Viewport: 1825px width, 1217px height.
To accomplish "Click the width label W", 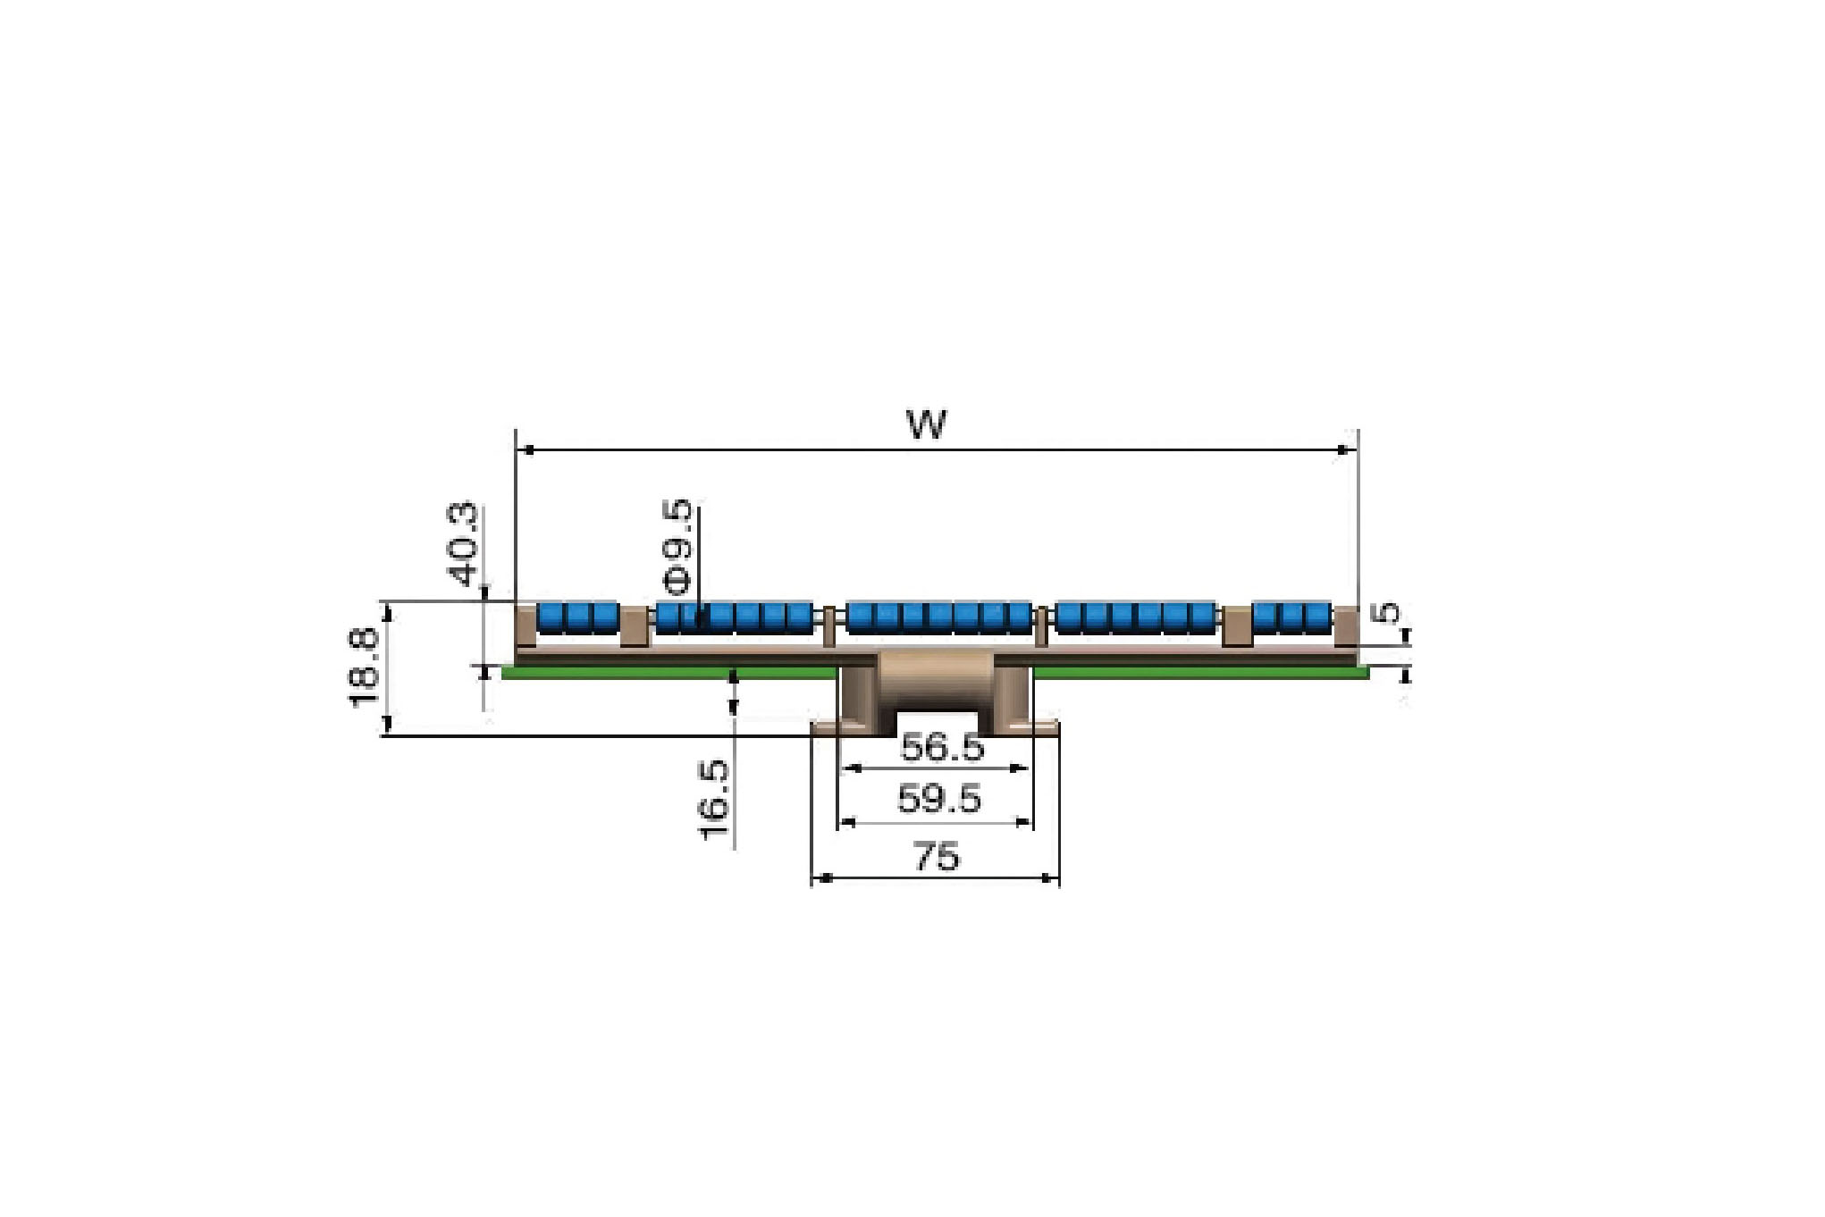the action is pyautogui.click(x=926, y=424).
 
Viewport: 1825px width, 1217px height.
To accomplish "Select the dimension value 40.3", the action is pyautogui.click(x=464, y=543).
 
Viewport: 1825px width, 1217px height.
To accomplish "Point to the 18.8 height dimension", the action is pyautogui.click(x=365, y=667).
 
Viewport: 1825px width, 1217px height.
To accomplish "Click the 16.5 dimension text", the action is pyautogui.click(x=715, y=800).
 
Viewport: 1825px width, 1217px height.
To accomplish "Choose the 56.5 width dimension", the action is pyautogui.click(x=941, y=746).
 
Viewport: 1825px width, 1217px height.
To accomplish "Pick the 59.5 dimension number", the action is pyautogui.click(x=939, y=798).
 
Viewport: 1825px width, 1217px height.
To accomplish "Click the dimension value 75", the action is pyautogui.click(x=936, y=856).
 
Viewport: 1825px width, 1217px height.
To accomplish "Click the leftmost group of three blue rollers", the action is pyautogui.click(x=578, y=618).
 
